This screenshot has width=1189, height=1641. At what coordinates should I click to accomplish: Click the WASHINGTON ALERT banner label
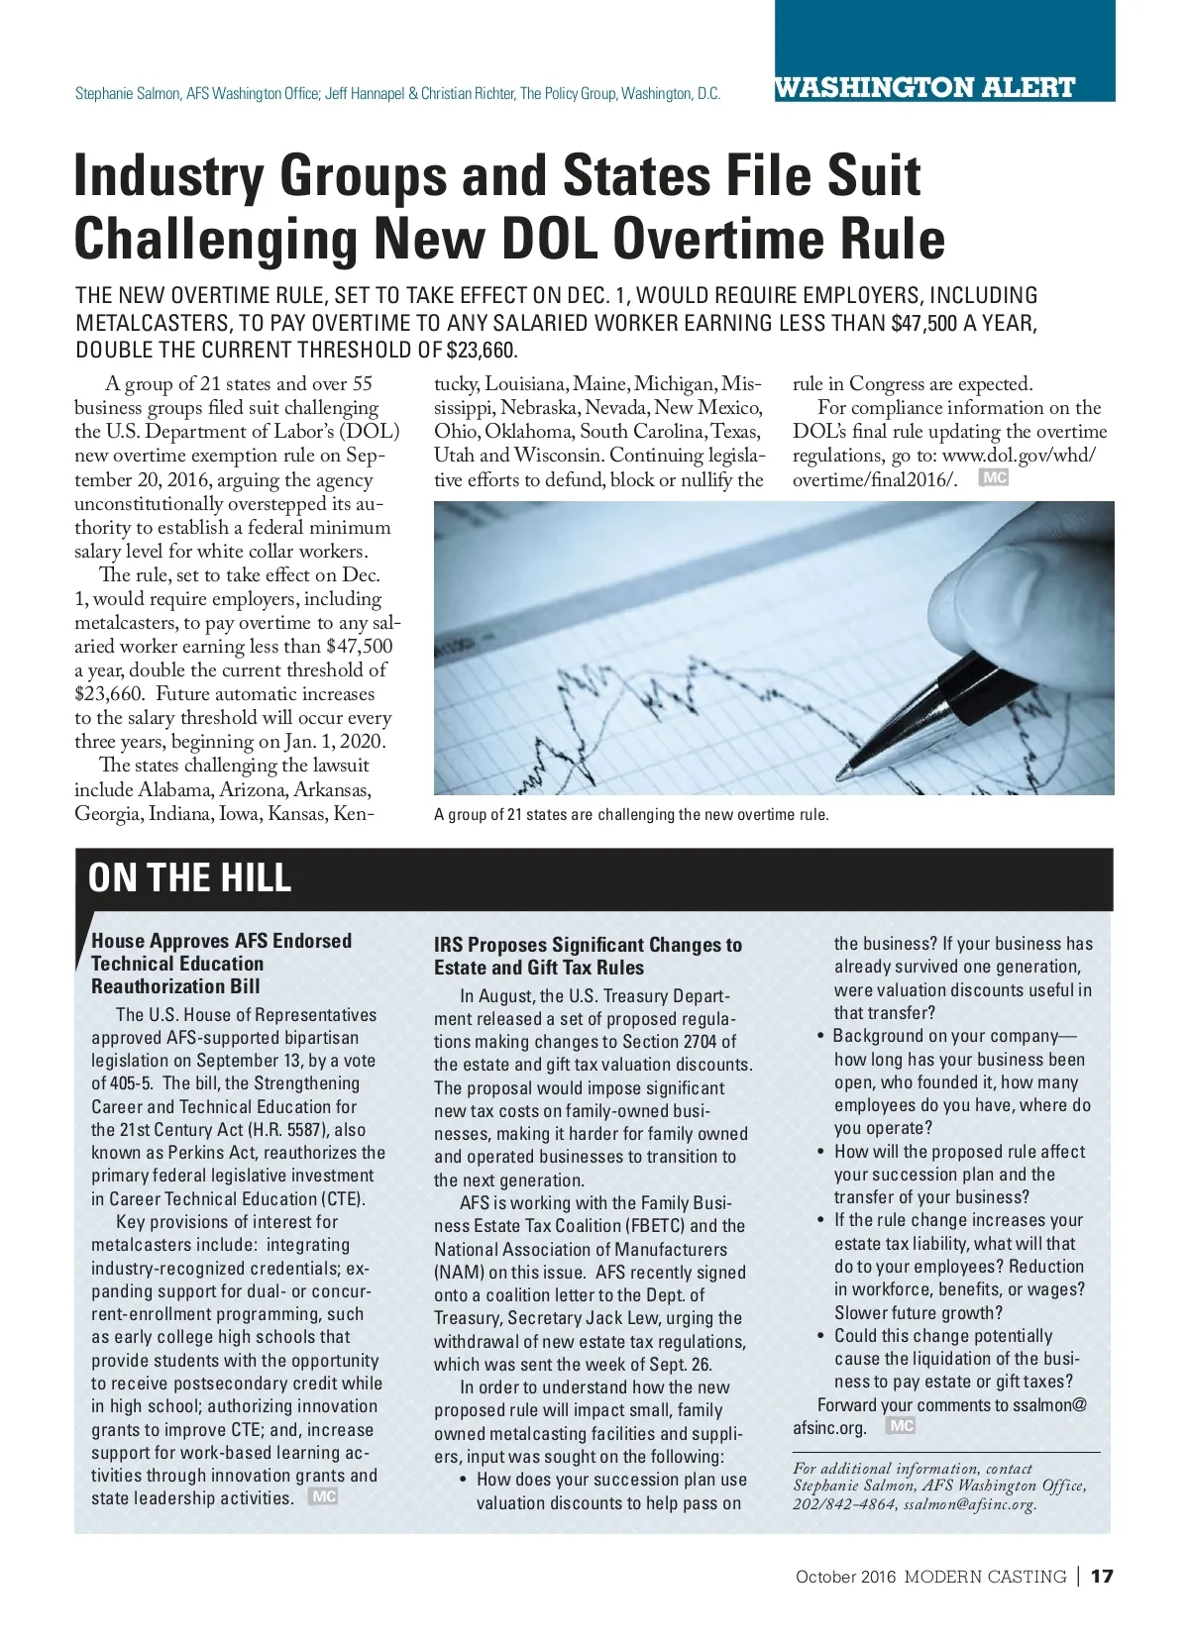[x=923, y=87]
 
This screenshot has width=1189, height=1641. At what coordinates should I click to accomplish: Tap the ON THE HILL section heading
[x=189, y=877]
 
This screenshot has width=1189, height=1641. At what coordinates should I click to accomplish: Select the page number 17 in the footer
[x=1102, y=1576]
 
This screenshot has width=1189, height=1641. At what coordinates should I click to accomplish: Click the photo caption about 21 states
[x=630, y=815]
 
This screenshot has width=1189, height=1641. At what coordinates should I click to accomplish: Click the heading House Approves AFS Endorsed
[x=221, y=941]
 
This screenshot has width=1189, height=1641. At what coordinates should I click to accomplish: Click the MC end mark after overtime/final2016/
[x=993, y=478]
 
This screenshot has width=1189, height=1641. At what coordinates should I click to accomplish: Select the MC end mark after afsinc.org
[x=901, y=1425]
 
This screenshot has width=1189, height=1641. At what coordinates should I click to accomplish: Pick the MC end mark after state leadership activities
[x=324, y=1496]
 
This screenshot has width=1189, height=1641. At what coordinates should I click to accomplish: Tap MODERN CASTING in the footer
[x=985, y=1577]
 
